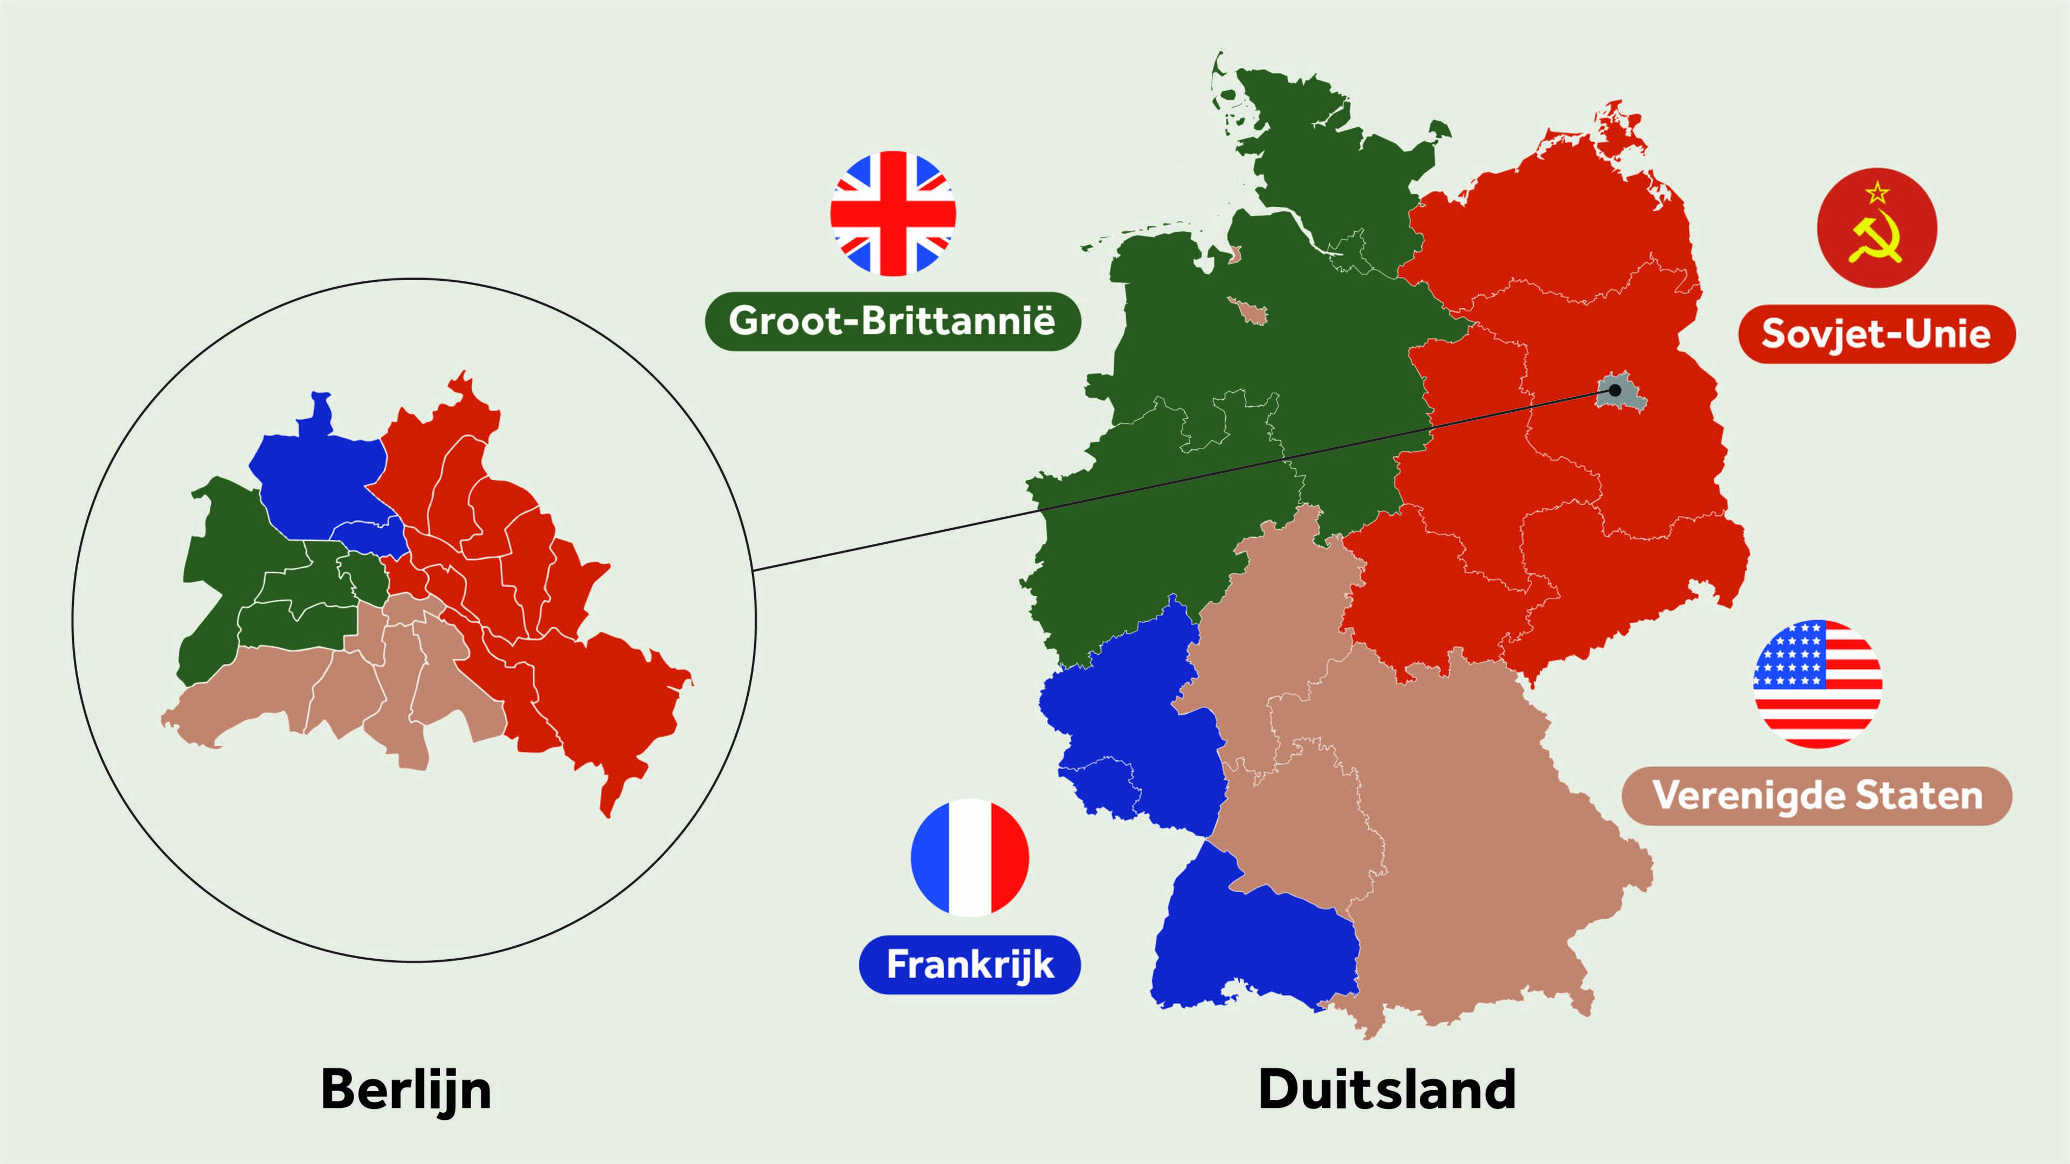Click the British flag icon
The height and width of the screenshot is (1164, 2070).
coord(893,214)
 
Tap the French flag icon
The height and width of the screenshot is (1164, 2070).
coord(970,857)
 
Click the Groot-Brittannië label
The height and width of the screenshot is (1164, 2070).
coord(892,321)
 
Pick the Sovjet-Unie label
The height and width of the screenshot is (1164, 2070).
coord(1876,334)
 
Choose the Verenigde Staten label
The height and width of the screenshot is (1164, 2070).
coord(1817,796)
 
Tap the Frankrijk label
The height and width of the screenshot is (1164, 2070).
coord(970,965)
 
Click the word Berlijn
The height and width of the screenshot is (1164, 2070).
coord(406,1090)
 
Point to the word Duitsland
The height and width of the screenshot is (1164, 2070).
coord(1387,1090)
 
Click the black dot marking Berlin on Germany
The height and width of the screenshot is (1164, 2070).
coord(1614,390)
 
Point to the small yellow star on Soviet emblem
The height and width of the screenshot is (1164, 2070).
coord(1877,193)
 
